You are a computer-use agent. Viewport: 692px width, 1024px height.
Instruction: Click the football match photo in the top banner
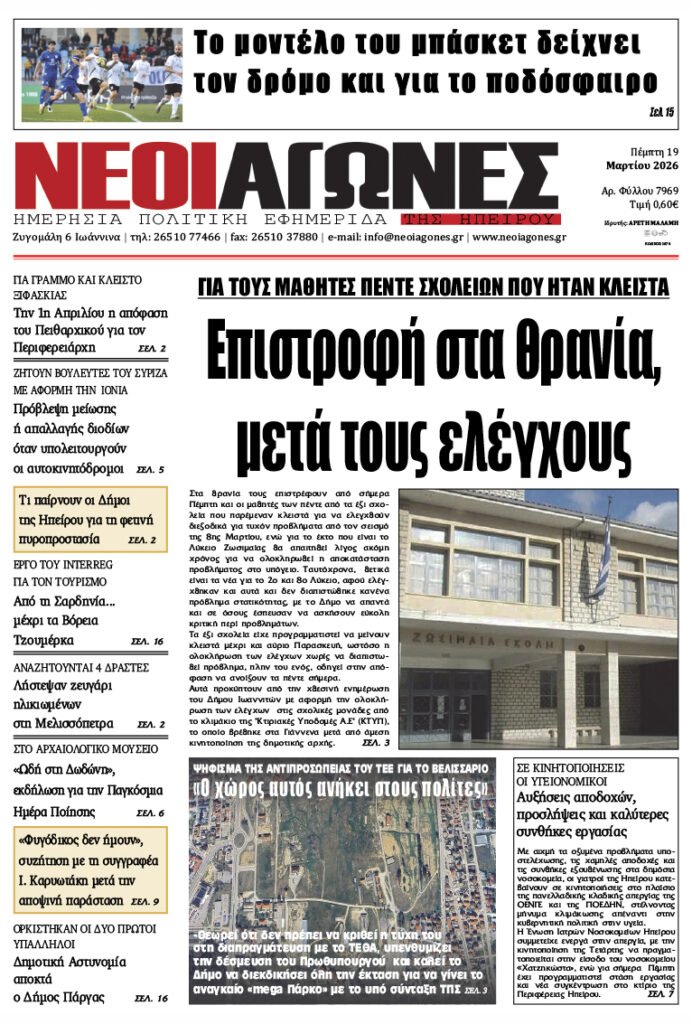102,74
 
